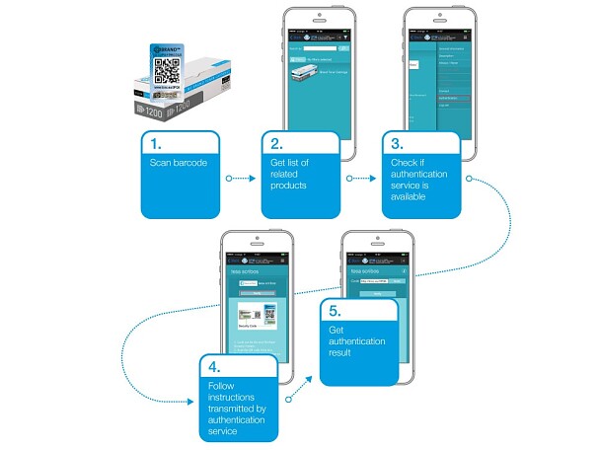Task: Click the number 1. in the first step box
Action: pyautogui.click(x=152, y=139)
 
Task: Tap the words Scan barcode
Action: pyautogui.click(x=179, y=161)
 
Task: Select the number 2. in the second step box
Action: pyautogui.click(x=274, y=139)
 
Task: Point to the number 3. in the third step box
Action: pyautogui.click(x=397, y=139)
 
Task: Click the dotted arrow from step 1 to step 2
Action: pyautogui.click(x=243, y=179)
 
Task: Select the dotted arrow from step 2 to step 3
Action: pyautogui.click(x=365, y=179)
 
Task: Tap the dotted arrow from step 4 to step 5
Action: pyautogui.click(x=302, y=390)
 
